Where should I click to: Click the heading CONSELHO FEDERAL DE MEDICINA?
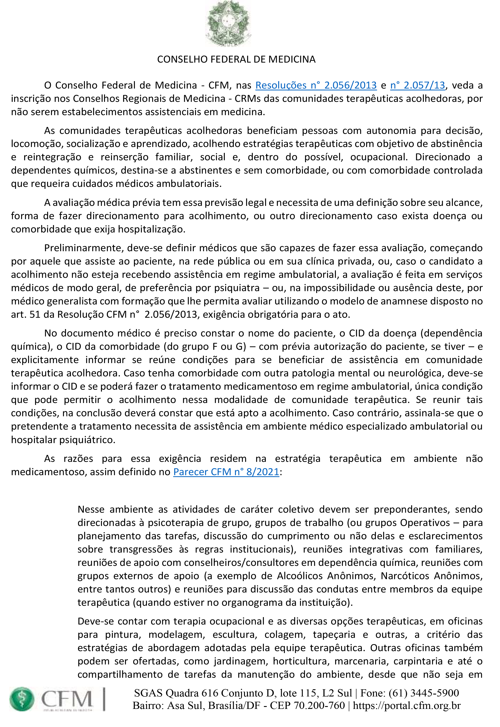tap(236, 60)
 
